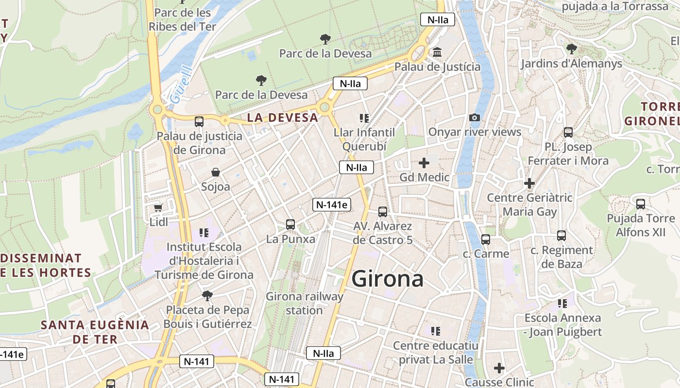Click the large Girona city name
pos(387,279)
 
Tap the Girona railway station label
pos(305,303)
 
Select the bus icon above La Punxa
pos(290,225)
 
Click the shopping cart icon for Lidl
pos(158,208)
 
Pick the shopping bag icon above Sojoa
pos(216,172)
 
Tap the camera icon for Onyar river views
pos(475,117)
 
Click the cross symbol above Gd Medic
pos(424,163)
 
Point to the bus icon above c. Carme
pos(485,239)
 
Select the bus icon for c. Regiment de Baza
pos(561,236)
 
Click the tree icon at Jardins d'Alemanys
pos(571,48)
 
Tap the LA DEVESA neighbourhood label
pos(283,117)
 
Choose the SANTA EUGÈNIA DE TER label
pos(95,332)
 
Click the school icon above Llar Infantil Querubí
pos(364,118)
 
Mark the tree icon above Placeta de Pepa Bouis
pos(207,295)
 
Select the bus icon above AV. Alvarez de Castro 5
pos(383,211)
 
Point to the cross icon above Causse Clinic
pos(499,368)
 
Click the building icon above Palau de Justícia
pos(437,52)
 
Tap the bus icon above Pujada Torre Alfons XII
pos(641,204)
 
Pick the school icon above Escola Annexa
pos(562,304)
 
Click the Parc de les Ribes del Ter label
pos(182,19)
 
